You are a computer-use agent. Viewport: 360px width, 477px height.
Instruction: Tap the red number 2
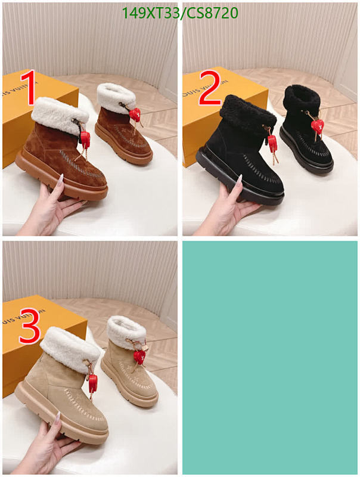209,88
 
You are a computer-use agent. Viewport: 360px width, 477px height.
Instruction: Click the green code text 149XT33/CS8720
179,13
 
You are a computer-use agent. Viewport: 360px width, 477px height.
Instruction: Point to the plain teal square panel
269,357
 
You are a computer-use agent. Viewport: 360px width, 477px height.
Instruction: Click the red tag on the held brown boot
85,140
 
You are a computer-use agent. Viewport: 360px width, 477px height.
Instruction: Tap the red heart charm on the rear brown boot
135,114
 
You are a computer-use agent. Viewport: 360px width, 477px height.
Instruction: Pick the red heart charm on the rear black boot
319,126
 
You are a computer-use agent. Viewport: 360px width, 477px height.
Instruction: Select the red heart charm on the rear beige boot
139,357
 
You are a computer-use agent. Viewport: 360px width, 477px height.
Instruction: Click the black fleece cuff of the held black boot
243,110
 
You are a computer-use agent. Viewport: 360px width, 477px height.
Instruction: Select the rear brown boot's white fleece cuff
116,95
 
